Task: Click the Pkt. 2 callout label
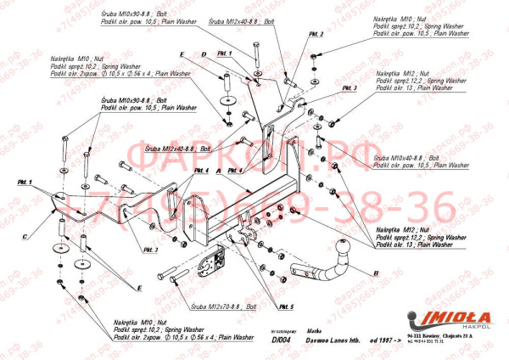pos(316,35)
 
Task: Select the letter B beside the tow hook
pos(374,273)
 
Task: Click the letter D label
pos(205,55)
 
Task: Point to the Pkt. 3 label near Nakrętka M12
pos(350,88)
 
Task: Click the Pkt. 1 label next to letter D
pos(224,53)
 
